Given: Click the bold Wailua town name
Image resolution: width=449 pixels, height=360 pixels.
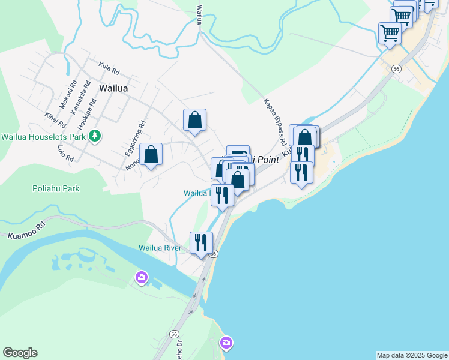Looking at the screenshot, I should [x=114, y=88].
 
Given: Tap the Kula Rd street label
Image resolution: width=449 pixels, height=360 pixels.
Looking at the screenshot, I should [x=109, y=69].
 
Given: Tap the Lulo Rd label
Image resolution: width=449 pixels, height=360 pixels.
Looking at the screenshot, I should [x=65, y=154].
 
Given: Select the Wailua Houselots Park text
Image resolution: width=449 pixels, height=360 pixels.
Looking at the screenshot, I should [x=43, y=136].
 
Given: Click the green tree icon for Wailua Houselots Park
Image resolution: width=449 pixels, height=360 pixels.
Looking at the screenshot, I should [x=94, y=136].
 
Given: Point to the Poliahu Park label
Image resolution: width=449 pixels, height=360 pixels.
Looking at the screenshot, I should [x=56, y=188].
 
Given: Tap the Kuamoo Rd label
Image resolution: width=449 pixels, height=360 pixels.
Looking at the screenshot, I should [x=27, y=232].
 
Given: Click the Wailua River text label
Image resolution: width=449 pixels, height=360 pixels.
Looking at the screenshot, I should [x=160, y=247].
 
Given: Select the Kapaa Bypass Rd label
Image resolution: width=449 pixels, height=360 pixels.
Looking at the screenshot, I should [x=273, y=122].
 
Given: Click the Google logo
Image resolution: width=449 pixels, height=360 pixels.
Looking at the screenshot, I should [x=20, y=353].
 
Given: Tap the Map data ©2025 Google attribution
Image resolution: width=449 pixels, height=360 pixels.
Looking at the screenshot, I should [x=412, y=355].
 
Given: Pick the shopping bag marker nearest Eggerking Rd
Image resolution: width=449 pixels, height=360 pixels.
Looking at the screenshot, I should [x=151, y=154].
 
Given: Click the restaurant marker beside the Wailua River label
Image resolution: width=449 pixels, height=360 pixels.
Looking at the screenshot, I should [x=200, y=242].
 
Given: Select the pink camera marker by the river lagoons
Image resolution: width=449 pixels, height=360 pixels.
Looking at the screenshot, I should [x=142, y=277].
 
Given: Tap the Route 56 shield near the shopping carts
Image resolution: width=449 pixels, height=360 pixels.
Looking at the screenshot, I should [x=396, y=69].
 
